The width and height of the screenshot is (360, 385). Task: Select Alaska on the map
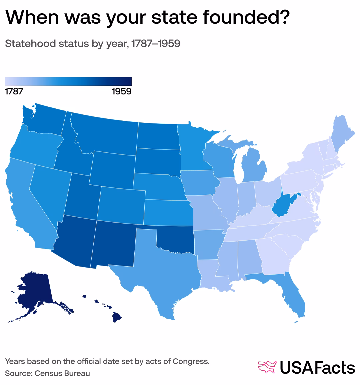point(33,290)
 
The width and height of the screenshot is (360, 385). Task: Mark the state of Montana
point(107,133)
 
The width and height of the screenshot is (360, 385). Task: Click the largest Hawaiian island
point(117,317)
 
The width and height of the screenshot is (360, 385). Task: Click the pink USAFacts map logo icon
point(267,367)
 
